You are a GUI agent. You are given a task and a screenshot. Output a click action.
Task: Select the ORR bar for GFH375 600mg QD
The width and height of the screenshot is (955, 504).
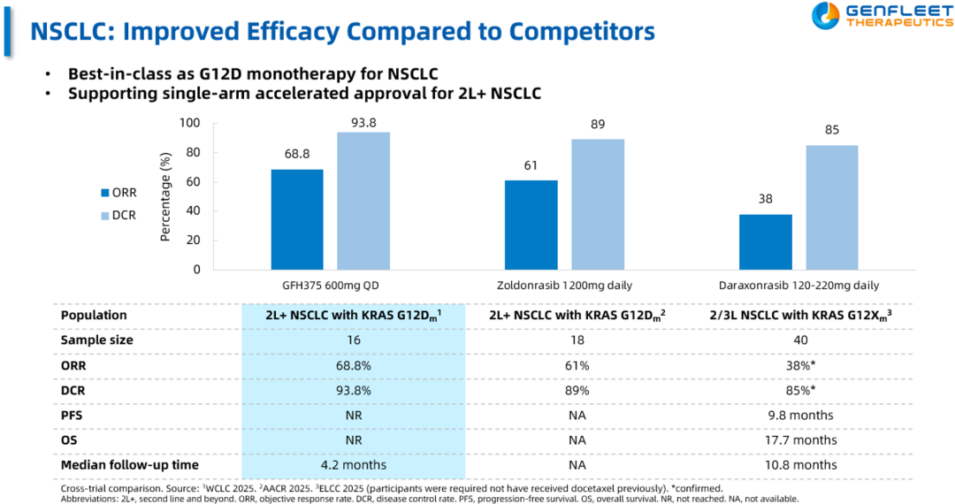click(x=297, y=219)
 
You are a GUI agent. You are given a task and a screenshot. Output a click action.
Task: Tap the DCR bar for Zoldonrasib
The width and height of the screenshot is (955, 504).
click(x=597, y=204)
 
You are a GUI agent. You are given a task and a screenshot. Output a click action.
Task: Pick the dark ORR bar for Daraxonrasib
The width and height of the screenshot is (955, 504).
click(x=765, y=241)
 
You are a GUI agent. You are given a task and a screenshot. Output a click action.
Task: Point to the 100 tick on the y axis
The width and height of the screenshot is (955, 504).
click(x=188, y=124)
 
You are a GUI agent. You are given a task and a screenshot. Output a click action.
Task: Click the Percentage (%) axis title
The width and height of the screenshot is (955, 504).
click(x=165, y=197)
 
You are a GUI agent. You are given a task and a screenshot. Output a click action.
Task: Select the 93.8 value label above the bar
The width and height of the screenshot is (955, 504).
click(x=363, y=124)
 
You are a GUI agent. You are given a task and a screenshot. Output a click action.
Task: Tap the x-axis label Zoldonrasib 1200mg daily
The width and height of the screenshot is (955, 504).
click(x=563, y=286)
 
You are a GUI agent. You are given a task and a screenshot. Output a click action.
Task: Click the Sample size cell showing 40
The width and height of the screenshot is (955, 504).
click(x=798, y=340)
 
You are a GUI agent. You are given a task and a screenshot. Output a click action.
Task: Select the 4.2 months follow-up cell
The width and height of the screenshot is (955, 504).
click(x=353, y=464)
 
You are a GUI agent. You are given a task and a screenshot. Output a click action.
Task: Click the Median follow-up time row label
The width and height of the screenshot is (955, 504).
click(x=129, y=464)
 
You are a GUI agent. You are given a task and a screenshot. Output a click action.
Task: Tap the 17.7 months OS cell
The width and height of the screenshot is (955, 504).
click(x=798, y=439)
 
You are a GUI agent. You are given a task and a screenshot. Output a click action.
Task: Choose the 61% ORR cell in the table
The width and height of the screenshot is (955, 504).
click(x=577, y=364)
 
